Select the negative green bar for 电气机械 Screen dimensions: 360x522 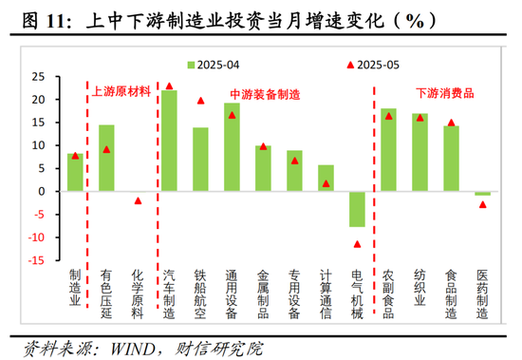[356, 209]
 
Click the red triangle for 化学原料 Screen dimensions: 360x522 [138, 200]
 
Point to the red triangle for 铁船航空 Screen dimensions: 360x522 [200, 100]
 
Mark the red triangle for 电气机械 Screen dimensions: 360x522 [357, 244]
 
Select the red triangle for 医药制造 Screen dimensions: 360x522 [482, 204]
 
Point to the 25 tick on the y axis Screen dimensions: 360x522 [40, 76]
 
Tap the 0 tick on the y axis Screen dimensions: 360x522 [44, 191]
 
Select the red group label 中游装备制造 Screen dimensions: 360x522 [265, 95]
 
